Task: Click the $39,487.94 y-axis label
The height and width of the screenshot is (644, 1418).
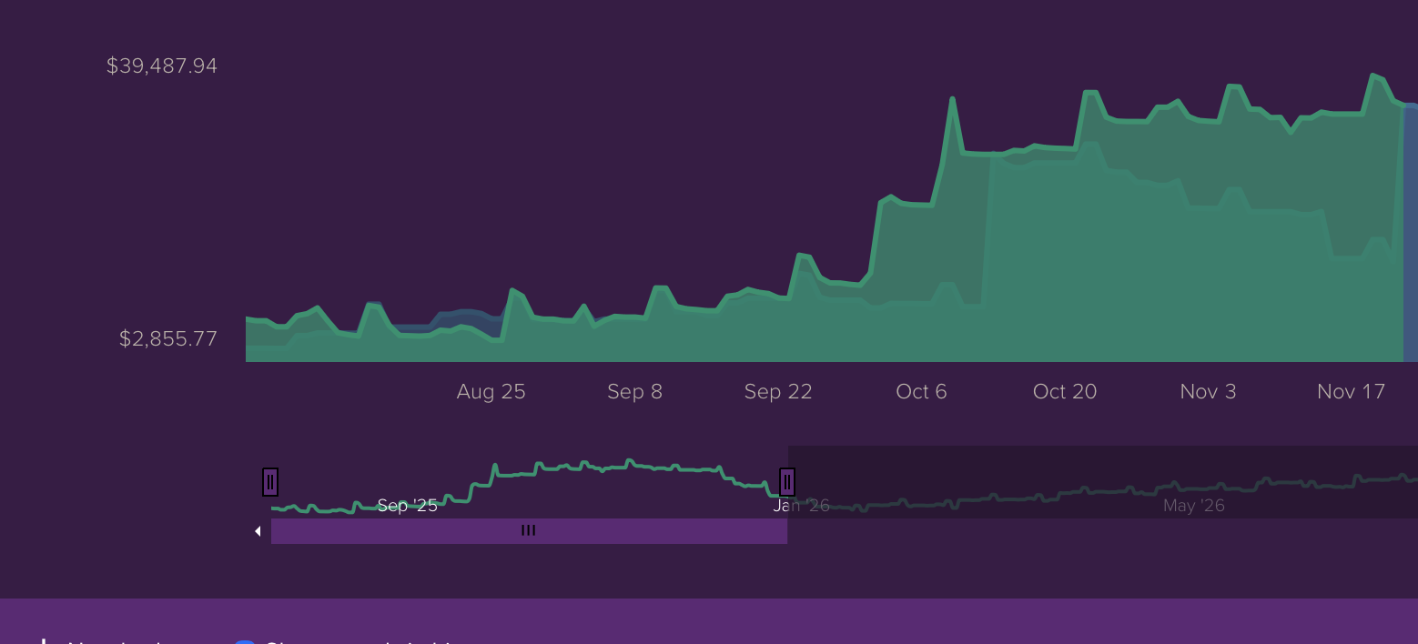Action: click(x=162, y=65)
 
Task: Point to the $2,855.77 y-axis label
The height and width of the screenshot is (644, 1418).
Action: click(x=168, y=339)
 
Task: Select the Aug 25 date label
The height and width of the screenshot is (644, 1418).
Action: click(x=491, y=392)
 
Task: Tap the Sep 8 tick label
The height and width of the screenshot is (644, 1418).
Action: click(x=634, y=392)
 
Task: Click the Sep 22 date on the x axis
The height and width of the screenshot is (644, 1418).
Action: click(x=778, y=392)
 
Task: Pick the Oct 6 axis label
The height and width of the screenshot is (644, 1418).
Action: click(x=921, y=392)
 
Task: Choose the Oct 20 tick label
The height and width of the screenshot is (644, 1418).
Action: click(x=1065, y=392)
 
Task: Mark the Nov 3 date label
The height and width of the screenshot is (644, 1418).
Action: click(x=1208, y=392)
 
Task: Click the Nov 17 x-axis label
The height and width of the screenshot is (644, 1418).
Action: click(x=1351, y=392)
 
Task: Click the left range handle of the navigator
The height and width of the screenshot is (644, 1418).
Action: click(x=270, y=482)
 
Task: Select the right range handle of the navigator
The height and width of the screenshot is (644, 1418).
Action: click(x=787, y=482)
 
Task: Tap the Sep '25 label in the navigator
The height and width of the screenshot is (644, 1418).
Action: click(x=407, y=506)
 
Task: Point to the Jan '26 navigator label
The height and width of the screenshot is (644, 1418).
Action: click(x=802, y=506)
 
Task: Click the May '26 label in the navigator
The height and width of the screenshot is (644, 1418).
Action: click(x=1193, y=506)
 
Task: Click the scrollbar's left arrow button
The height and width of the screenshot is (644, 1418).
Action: click(x=258, y=531)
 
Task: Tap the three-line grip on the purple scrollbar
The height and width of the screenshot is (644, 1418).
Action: click(x=528, y=530)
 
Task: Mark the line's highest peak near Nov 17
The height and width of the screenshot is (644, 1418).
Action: click(x=1372, y=75)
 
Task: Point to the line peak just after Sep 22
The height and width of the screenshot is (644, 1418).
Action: click(x=800, y=256)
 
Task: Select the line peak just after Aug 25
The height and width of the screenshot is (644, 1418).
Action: click(x=512, y=290)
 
